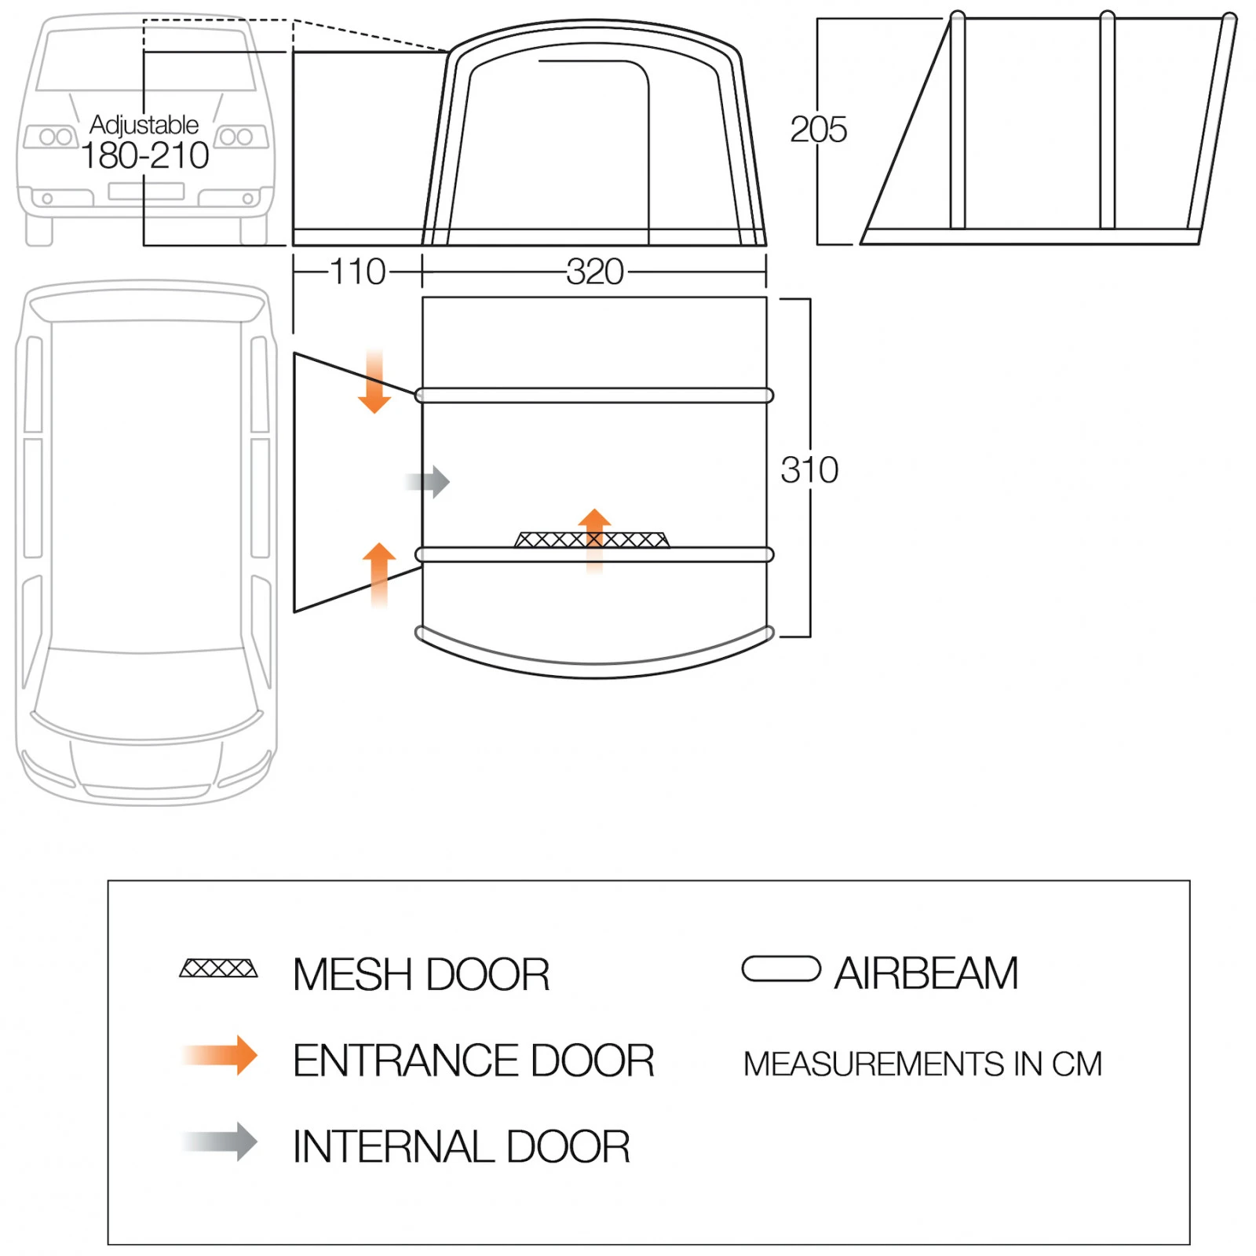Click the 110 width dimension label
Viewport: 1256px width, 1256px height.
(x=358, y=272)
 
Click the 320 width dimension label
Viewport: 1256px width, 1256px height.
(x=595, y=272)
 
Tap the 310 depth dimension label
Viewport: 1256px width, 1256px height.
(x=809, y=470)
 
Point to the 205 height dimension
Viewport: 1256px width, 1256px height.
(x=819, y=130)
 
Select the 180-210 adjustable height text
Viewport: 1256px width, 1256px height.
(x=145, y=155)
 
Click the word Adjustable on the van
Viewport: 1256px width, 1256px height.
(x=144, y=125)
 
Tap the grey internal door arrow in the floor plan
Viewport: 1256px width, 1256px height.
(x=428, y=481)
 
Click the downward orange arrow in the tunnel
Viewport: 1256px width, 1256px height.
(x=374, y=382)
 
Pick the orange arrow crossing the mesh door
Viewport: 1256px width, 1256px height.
(x=594, y=540)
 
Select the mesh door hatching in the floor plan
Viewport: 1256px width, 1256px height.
(x=592, y=539)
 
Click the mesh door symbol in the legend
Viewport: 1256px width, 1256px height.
(x=218, y=968)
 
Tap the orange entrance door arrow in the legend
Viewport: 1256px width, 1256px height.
(x=220, y=1056)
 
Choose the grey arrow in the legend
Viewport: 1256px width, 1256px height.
(x=220, y=1142)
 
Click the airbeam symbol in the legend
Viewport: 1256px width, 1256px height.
(x=781, y=969)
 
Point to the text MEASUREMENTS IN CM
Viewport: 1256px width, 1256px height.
(x=923, y=1064)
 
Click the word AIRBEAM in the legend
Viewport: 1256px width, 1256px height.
(x=926, y=973)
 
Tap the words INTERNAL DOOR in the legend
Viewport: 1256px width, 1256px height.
(x=462, y=1147)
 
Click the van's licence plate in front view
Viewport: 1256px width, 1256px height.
(x=146, y=191)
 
